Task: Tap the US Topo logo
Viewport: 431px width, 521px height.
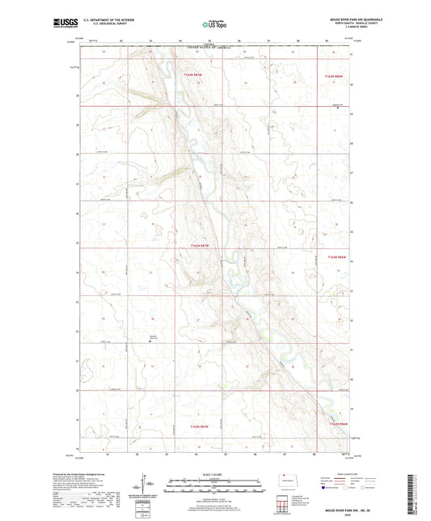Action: click(215, 24)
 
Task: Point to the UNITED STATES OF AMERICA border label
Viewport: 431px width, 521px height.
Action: click(215, 49)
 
